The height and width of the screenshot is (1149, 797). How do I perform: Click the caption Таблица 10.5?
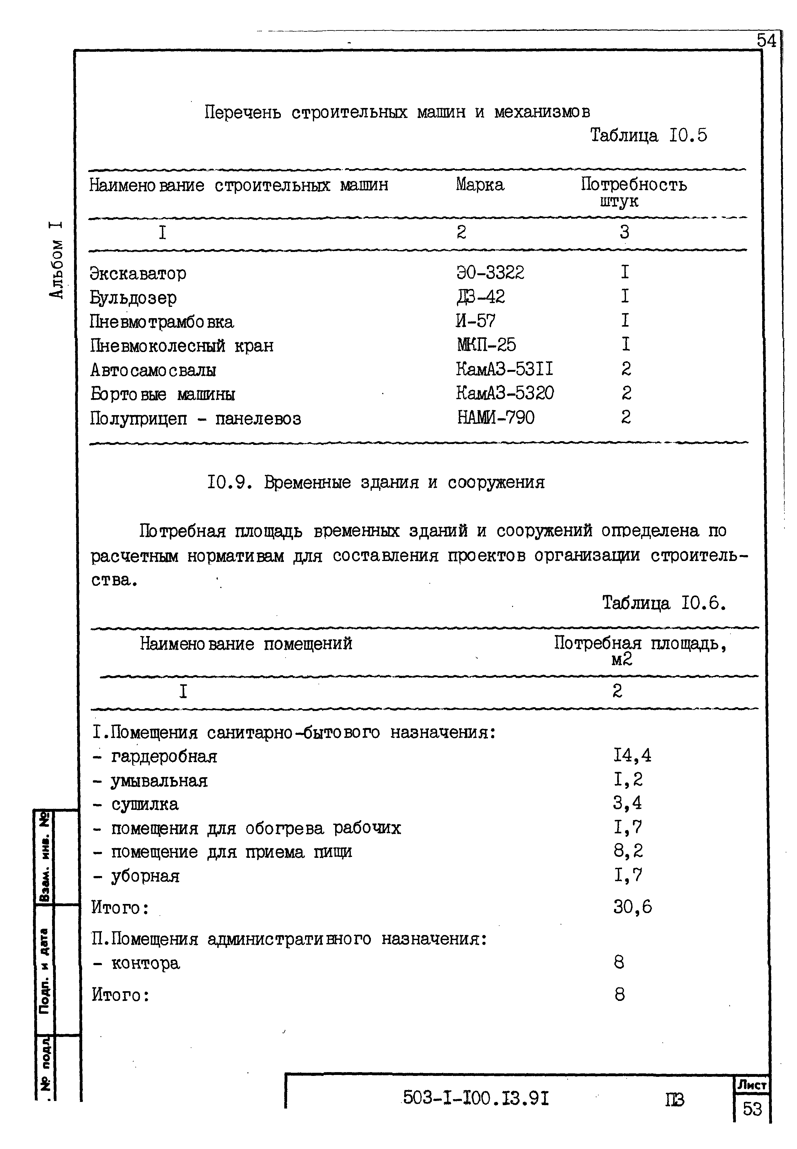648,135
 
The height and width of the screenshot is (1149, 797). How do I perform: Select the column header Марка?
479,185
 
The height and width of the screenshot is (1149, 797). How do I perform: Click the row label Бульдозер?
133,298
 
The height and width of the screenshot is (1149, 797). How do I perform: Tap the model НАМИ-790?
495,417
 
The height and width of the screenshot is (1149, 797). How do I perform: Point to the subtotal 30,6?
632,906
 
